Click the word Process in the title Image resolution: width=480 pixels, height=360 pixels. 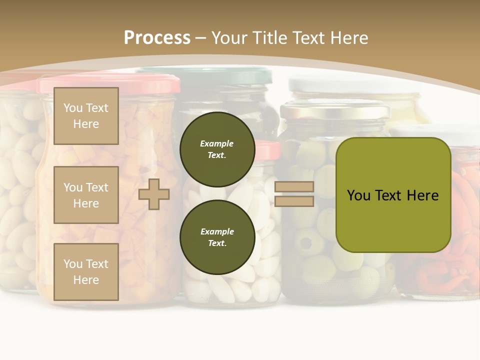tap(157, 37)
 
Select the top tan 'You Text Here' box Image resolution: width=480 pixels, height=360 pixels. tap(86, 116)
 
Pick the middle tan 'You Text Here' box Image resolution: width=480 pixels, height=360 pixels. tap(86, 195)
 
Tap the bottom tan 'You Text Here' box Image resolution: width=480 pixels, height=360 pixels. tap(86, 272)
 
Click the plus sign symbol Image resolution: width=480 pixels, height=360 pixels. tap(154, 194)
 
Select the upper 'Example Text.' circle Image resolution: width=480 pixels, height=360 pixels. tap(217, 149)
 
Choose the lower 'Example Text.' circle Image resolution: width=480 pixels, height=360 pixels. tap(217, 237)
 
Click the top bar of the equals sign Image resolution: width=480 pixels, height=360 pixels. tap(294, 187)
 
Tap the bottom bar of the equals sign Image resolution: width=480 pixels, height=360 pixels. tap(294, 201)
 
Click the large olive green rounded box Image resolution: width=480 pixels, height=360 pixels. tap(393, 195)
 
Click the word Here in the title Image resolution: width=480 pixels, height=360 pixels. tap(350, 37)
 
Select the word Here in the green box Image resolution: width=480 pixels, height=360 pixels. tap(422, 195)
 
